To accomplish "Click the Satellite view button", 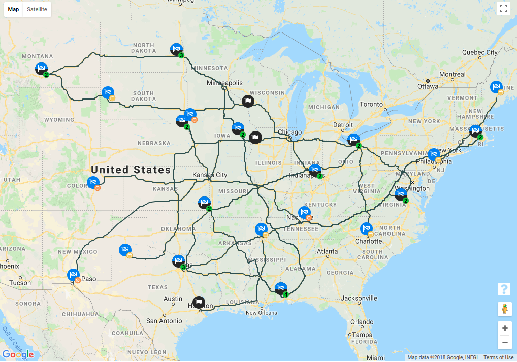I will (37, 9).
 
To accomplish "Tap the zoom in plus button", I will (504, 328).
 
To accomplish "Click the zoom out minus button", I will (504, 342).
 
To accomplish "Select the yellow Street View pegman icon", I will (504, 309).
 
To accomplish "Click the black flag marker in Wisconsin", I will (247, 101).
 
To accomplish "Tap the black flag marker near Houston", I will (199, 303).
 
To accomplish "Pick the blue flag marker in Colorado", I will (93, 182).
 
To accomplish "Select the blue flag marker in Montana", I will (41, 69).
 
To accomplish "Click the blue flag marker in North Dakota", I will (176, 49).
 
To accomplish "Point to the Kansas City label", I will (210, 175).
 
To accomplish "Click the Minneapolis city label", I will (225, 83).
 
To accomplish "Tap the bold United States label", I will (131, 170).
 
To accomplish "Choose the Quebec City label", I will (479, 52).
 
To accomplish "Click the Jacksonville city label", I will (359, 298).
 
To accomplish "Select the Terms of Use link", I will (498, 358).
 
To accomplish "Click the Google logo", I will (18, 354).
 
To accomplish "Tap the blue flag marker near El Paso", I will (73, 275).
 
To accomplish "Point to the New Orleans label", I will (262, 313).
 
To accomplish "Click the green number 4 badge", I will (286, 294).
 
